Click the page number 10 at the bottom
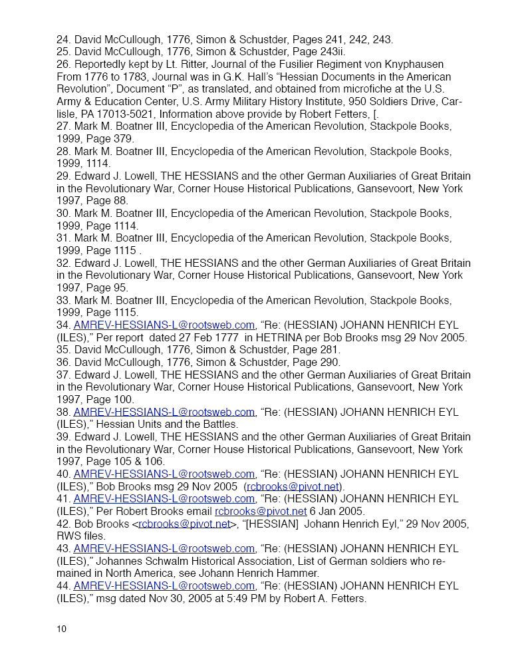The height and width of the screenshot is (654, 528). click(61, 629)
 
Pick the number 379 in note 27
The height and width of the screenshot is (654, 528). click(124, 138)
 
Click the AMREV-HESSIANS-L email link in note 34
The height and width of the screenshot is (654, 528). click(164, 325)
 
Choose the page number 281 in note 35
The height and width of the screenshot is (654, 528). click(331, 349)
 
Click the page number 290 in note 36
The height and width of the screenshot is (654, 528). click(331, 362)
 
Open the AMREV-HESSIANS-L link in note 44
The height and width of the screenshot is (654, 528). click(164, 585)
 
